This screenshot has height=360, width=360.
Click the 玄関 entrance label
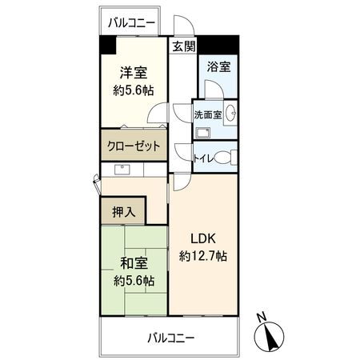point(183,46)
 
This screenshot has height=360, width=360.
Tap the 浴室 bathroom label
point(218,67)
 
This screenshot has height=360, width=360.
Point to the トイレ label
point(202,159)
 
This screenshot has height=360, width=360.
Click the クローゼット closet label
point(133,147)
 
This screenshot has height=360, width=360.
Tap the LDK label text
point(203,238)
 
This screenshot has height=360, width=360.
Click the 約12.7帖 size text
point(203,257)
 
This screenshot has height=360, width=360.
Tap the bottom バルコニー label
point(170,338)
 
